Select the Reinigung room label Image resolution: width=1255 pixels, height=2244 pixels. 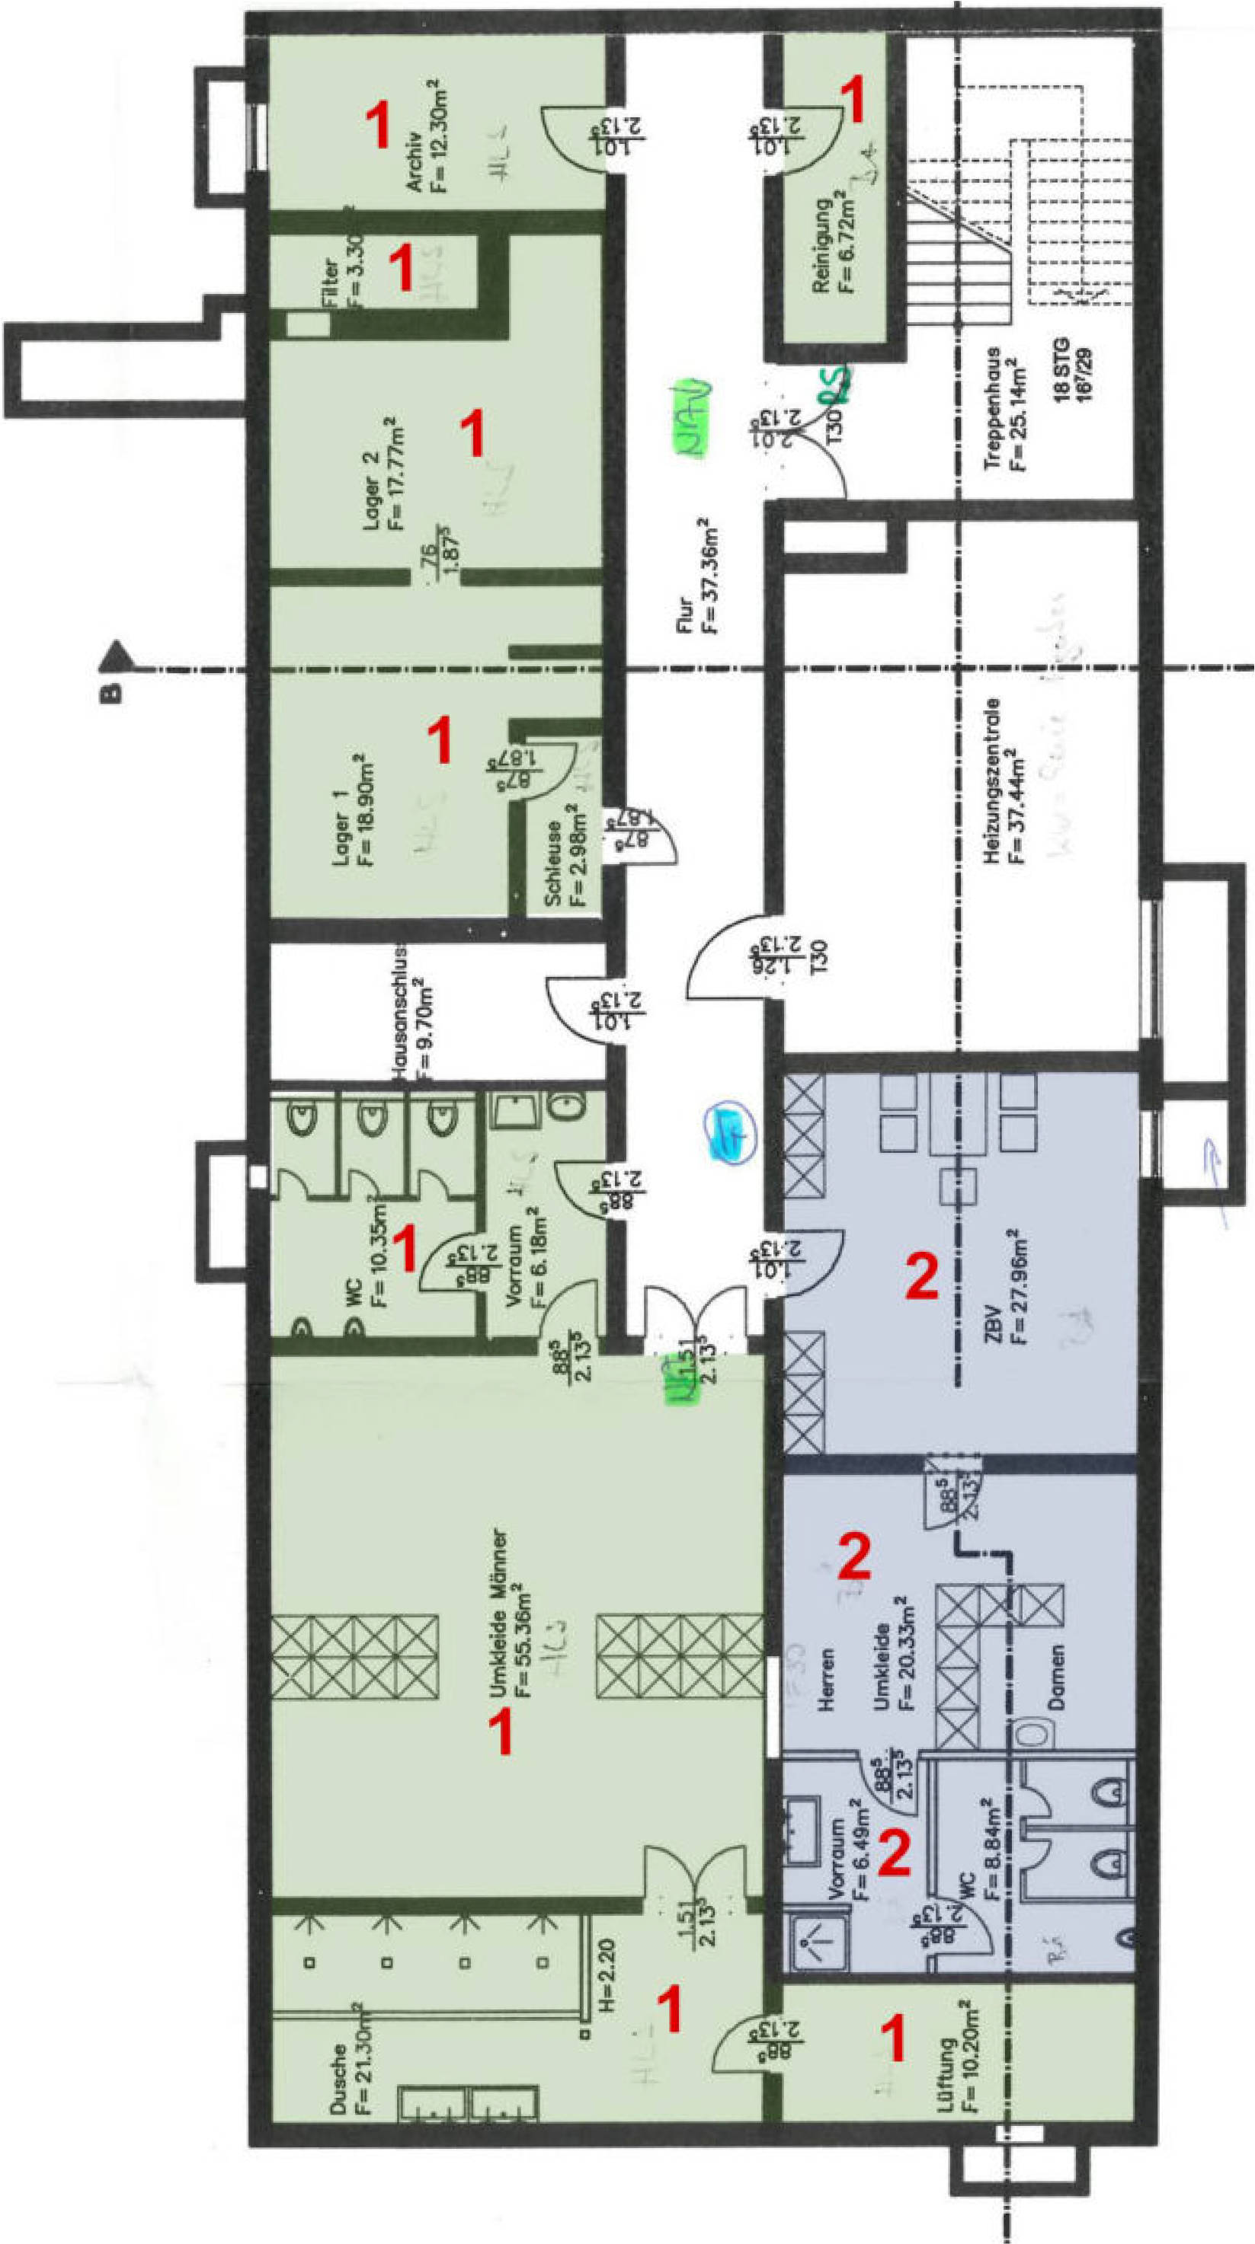pyautogui.click(x=821, y=246)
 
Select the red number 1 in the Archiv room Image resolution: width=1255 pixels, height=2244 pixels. pyautogui.click(x=379, y=125)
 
